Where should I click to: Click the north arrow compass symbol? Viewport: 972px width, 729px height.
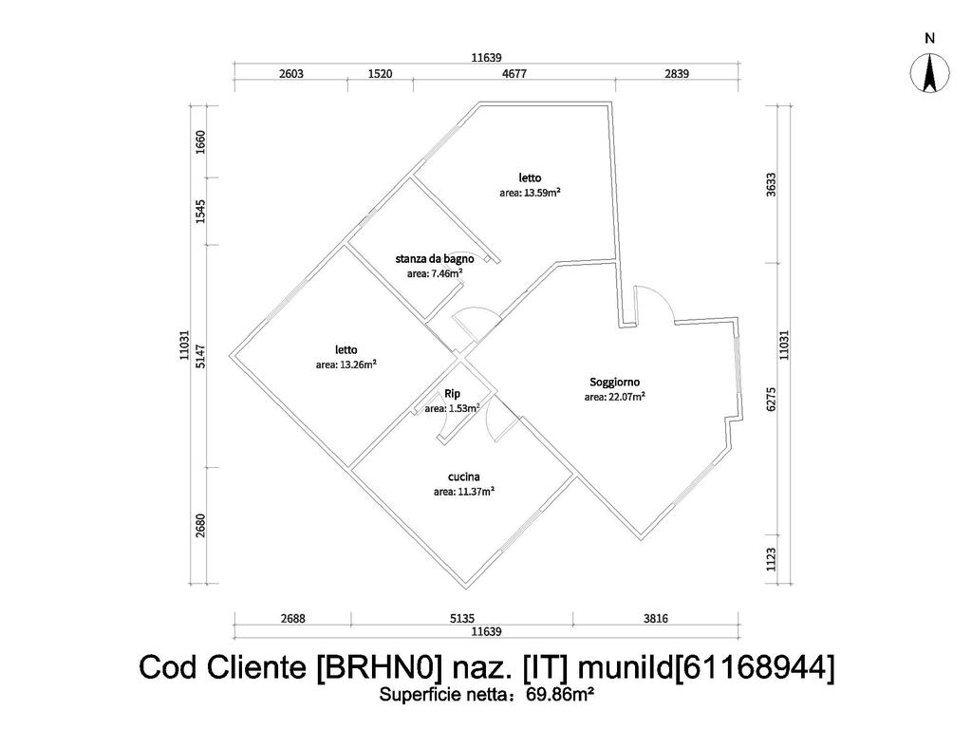(x=930, y=73)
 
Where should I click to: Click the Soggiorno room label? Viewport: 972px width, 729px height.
(x=614, y=383)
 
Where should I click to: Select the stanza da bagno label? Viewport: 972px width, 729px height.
(x=434, y=258)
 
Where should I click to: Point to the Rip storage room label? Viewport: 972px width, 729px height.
(x=452, y=394)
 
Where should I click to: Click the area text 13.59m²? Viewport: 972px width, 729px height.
(x=530, y=192)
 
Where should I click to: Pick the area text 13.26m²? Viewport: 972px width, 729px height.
(x=346, y=364)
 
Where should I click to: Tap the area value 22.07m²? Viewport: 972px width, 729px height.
(x=614, y=397)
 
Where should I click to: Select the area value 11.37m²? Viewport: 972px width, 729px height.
(x=463, y=492)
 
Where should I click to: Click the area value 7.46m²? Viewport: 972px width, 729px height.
(x=435, y=273)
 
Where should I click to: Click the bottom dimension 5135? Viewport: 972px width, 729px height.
(x=461, y=619)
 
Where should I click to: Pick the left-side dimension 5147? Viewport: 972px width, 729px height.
(x=200, y=357)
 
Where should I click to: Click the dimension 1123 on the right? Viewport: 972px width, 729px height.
(x=771, y=556)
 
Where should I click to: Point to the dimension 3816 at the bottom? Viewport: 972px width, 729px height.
(x=656, y=619)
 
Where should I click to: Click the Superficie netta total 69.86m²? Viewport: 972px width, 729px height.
(x=486, y=695)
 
